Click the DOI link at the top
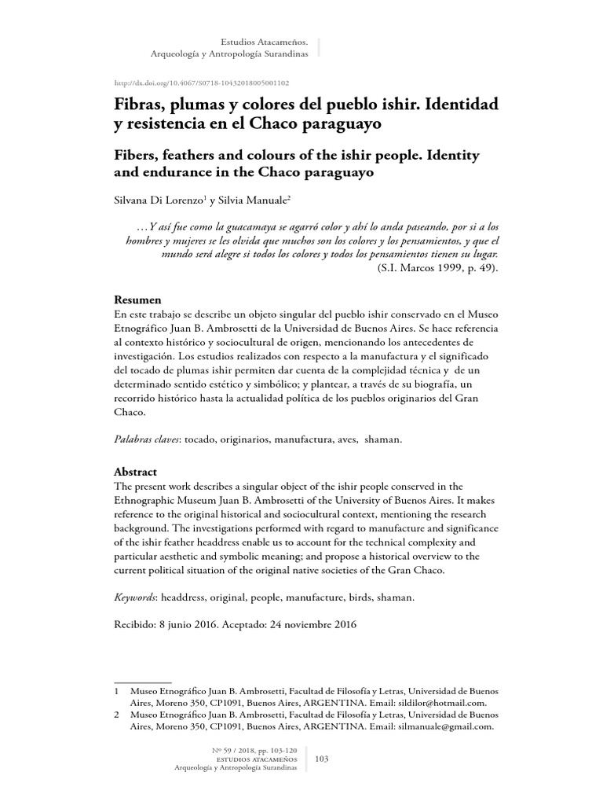201,83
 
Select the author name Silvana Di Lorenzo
159,201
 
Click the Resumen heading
138,300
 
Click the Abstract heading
136,472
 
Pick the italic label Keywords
134,598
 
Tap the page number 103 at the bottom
321,759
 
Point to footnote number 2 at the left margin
117,715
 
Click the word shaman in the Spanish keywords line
382,439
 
